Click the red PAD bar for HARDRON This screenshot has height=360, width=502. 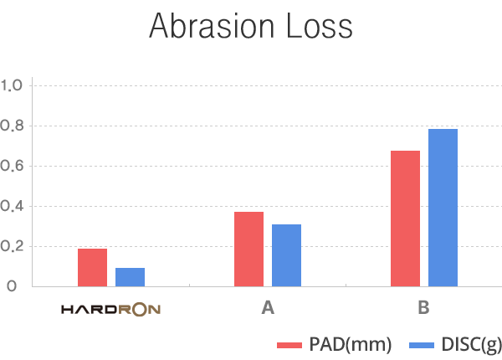(92, 267)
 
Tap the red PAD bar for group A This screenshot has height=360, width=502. (248, 249)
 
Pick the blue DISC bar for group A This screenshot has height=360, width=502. (286, 255)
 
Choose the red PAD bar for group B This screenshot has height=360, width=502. (405, 219)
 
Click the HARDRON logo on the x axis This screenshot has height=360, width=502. (111, 309)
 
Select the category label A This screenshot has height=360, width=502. (268, 308)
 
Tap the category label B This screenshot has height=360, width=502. (424, 308)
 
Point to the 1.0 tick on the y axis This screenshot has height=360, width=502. (16, 85)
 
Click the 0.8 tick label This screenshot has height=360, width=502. (16, 126)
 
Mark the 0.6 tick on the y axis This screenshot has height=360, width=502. (16, 166)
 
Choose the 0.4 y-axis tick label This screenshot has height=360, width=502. (16, 206)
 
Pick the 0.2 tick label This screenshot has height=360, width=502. (16, 246)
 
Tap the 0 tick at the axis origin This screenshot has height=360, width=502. (11, 286)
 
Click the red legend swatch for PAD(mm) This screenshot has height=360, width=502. (289, 345)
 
